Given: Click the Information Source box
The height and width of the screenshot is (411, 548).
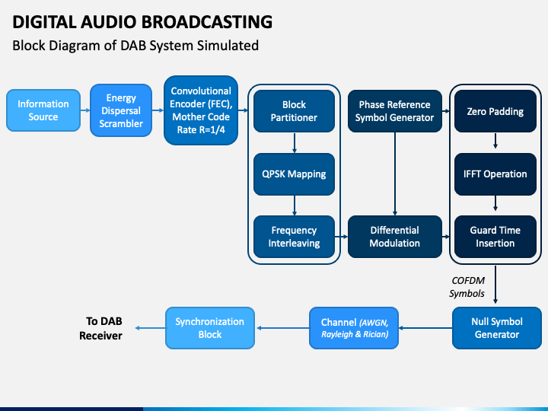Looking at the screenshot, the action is [x=43, y=110].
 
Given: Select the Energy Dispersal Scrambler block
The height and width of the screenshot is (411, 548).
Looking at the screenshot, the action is [x=121, y=110].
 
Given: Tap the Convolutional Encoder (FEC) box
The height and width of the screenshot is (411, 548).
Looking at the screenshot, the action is [x=201, y=110].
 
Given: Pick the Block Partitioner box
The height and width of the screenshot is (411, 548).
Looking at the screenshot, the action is [x=294, y=111].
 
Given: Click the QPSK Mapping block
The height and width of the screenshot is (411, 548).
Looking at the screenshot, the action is [x=294, y=174].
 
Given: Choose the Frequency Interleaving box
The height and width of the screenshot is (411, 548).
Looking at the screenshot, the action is [x=294, y=237].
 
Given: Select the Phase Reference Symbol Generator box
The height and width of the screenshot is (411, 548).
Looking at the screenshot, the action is [x=395, y=111].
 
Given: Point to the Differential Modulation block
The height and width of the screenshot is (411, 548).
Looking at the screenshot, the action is [x=395, y=237].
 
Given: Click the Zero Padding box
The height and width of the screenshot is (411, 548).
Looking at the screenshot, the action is [x=495, y=111].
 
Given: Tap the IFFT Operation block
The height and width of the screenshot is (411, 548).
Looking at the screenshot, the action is [x=495, y=174].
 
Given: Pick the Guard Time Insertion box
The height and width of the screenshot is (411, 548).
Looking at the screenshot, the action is [x=495, y=237].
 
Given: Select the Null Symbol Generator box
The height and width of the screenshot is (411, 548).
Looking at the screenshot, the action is [x=496, y=328].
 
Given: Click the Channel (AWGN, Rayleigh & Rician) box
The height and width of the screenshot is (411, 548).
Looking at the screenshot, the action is [x=354, y=328].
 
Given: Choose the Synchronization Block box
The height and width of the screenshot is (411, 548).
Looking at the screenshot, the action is [x=210, y=328].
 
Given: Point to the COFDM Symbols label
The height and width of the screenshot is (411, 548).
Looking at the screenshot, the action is [x=467, y=287].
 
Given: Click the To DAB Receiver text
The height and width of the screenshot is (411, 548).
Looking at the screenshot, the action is [x=101, y=328].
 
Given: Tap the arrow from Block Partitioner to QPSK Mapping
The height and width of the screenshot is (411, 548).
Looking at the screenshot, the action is [x=295, y=142].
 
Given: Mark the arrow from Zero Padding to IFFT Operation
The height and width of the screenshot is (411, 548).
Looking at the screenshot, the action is [x=495, y=141].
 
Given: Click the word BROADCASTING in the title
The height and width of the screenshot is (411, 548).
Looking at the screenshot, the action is [x=207, y=21].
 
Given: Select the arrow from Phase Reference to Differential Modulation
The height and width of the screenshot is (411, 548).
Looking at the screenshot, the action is [x=395, y=174].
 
